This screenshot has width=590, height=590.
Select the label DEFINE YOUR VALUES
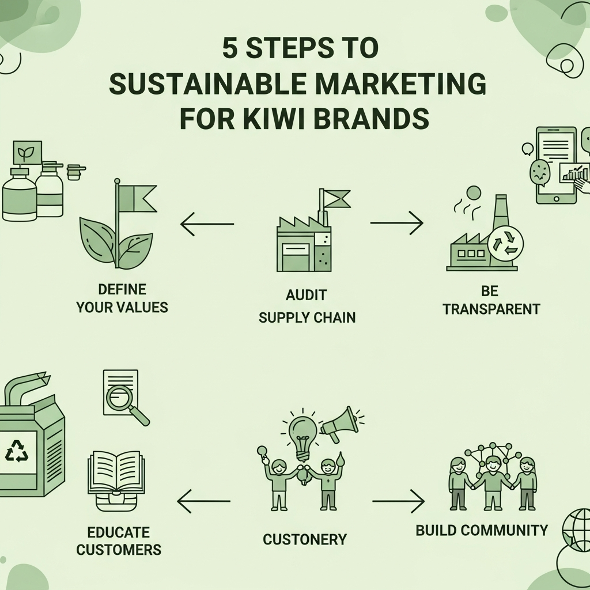click(122, 298)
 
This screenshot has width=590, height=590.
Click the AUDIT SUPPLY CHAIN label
click(307, 306)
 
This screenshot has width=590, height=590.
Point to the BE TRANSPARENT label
click(491, 300)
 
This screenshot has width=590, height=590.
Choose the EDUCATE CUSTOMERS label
click(118, 540)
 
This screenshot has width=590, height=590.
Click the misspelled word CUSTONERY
click(305, 539)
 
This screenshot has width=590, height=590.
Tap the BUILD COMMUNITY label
click(482, 530)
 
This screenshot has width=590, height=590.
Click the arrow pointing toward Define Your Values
click(206, 224)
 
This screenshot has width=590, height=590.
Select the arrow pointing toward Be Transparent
click(397, 222)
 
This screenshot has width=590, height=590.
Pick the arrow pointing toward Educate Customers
click(203, 501)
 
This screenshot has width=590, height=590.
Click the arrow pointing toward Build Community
click(399, 501)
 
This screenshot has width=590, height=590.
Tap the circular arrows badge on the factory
click(505, 242)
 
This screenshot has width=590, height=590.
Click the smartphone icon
click(556, 165)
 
